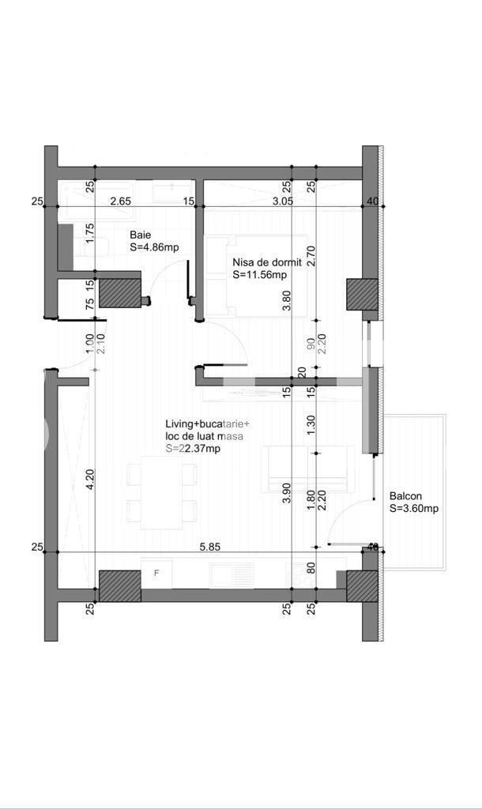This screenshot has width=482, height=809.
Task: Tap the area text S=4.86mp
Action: point(154,247)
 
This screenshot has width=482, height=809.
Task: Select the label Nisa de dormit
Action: point(267,262)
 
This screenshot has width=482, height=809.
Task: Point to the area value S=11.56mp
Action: point(259,275)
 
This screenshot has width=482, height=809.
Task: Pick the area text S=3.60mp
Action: point(414,509)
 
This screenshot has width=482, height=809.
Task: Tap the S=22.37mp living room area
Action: point(193,448)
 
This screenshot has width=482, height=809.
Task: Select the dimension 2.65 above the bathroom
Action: point(121,201)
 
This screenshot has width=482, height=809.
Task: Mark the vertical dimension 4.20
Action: point(90,481)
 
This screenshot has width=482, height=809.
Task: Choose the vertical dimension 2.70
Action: point(311,256)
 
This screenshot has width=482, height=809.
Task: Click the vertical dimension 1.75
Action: point(90,231)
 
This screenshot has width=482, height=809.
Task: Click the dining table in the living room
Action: point(161,492)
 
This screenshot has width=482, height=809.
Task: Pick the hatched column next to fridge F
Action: point(119,586)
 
